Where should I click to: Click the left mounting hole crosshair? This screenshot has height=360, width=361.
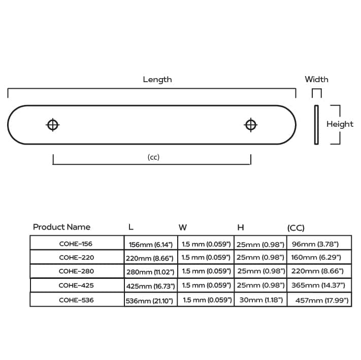53,125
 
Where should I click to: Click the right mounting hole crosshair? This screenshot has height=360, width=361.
251,125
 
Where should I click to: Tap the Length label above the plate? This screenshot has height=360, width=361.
157,80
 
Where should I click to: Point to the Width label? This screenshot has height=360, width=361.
316,79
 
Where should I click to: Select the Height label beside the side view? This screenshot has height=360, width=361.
340,124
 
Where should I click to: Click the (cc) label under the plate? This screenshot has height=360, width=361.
153,157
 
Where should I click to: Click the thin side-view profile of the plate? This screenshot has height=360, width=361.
316,125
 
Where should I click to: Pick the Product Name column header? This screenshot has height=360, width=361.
62,227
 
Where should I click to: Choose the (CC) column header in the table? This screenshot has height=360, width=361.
296,228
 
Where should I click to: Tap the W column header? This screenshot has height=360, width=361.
183,228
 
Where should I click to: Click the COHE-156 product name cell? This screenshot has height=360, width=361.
76,244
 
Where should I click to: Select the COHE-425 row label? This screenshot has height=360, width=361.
76,285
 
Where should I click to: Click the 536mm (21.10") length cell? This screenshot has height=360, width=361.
149,301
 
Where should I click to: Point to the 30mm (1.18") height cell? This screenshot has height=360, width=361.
261,300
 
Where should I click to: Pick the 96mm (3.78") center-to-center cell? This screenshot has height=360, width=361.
315,244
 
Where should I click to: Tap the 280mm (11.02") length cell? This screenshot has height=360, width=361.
150,272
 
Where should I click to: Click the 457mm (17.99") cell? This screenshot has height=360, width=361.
322,301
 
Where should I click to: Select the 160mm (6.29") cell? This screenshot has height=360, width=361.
316,258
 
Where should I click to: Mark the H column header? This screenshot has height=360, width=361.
241,228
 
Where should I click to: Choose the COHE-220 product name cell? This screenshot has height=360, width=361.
77,258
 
